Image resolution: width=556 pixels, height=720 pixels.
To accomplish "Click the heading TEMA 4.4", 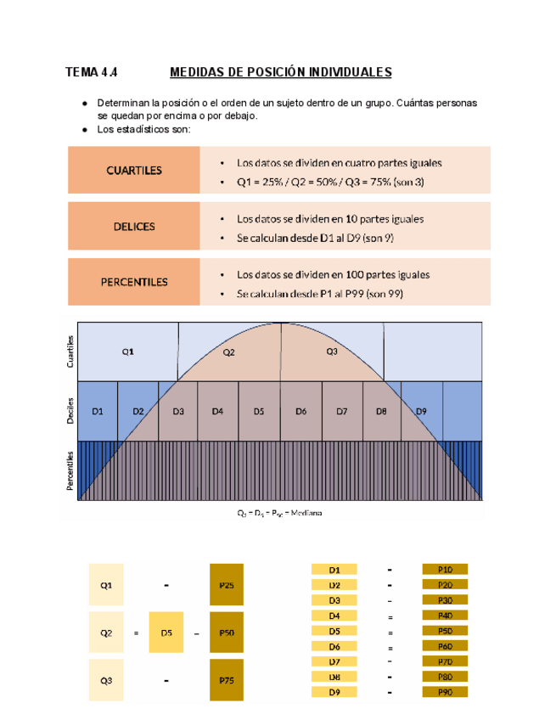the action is pyautogui.click(x=93, y=72).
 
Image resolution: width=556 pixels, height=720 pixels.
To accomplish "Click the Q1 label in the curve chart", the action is pyautogui.click(x=126, y=352).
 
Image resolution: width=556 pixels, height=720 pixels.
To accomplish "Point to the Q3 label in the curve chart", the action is pyautogui.click(x=332, y=352).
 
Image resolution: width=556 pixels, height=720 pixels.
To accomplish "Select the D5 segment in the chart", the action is pyautogui.click(x=259, y=411).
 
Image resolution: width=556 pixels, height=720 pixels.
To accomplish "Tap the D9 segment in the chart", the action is pyautogui.click(x=421, y=411).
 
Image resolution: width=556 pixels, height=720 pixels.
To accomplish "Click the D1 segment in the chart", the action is pyautogui.click(x=98, y=411).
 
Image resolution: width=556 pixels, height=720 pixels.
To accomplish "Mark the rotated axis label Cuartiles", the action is pyautogui.click(x=70, y=352).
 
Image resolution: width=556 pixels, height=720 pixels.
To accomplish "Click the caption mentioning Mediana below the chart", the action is pyautogui.click(x=279, y=513).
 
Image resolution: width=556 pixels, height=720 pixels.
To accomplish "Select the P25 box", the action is pyautogui.click(x=227, y=584).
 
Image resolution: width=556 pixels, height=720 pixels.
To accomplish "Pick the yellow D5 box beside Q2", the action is pyautogui.click(x=166, y=633).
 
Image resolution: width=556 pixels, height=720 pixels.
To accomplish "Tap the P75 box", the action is pyautogui.click(x=227, y=680).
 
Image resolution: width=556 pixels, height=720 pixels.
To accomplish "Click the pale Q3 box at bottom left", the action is pyautogui.click(x=104, y=680).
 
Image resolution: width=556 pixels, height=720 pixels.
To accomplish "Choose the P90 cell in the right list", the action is pyautogui.click(x=445, y=693).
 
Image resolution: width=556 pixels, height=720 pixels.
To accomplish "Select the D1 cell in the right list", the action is pyautogui.click(x=334, y=570).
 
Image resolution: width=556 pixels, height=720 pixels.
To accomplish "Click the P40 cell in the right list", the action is pyautogui.click(x=445, y=616).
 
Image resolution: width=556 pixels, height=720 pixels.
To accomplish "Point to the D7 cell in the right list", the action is pyautogui.click(x=334, y=661).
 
